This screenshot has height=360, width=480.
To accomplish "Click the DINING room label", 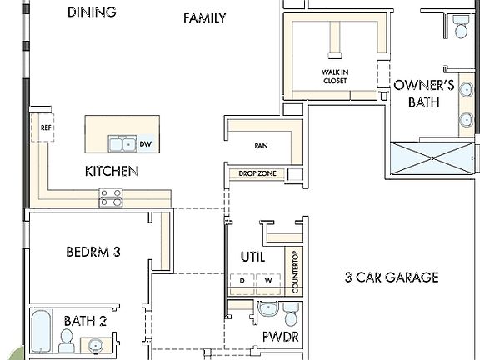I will point(92,12).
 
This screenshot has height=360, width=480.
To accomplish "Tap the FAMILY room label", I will point(204,17).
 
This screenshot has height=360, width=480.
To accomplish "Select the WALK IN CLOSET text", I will point(335,77).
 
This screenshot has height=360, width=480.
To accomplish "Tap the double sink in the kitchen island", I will point(122,144).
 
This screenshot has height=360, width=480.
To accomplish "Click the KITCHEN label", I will point(111,171).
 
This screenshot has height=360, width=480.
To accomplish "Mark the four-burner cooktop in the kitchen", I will point(111,197).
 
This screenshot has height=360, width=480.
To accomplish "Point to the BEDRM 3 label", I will point(93,251).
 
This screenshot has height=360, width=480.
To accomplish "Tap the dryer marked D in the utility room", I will point(242,281).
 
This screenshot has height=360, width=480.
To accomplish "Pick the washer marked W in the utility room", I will point(268,281).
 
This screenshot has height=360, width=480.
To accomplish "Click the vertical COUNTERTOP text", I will point(294,271).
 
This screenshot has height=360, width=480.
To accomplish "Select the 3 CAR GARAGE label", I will point(391,277).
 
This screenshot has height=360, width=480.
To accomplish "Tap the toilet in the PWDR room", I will point(291,314).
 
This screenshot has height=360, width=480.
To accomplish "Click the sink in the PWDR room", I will point(267,311).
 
